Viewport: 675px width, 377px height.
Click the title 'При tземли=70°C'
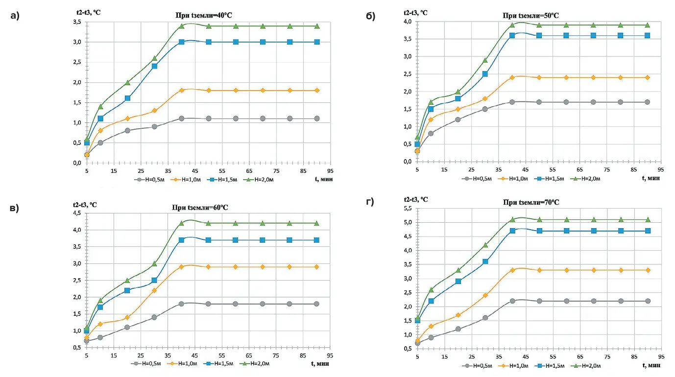point(531,202)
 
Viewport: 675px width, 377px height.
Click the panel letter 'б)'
point(371,16)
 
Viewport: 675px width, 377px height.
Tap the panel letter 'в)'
point(14,208)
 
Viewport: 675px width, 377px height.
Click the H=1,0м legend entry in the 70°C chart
point(514,365)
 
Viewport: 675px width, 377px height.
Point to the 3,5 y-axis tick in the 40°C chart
point(77,22)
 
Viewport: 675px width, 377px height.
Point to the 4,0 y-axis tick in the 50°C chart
point(408,22)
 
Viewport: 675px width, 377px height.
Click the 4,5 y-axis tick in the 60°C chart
point(77,213)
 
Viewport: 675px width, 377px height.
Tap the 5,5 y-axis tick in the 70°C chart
point(408,209)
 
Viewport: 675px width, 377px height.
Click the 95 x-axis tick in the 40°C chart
point(330,171)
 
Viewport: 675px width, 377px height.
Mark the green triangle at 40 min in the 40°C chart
point(181,25)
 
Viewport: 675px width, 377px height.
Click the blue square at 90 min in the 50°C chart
point(647,35)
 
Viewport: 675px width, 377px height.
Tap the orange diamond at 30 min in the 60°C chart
point(154,290)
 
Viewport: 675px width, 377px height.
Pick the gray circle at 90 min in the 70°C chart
point(648,301)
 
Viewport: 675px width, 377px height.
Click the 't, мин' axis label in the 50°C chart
point(650,178)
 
